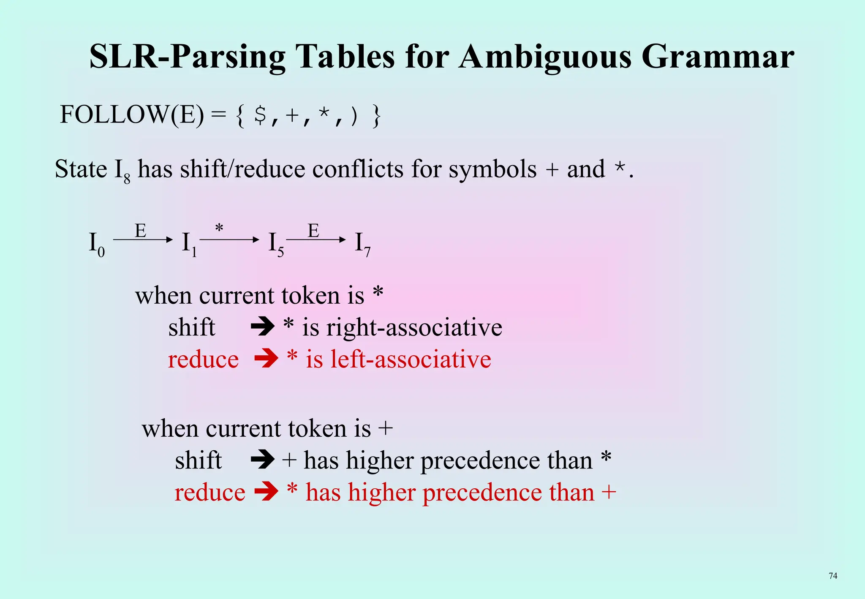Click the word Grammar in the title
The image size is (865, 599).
pos(718,57)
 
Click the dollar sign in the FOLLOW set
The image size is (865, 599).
pos(260,115)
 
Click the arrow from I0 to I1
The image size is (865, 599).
pos(143,240)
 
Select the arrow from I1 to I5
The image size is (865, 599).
pos(229,240)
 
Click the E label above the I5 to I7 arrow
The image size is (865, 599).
pos(313,231)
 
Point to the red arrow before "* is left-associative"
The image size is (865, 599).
pos(266,359)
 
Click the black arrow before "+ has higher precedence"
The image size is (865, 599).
pos(262,460)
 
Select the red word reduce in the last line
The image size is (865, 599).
pos(209,493)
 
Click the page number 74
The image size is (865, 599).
pos(833,576)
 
